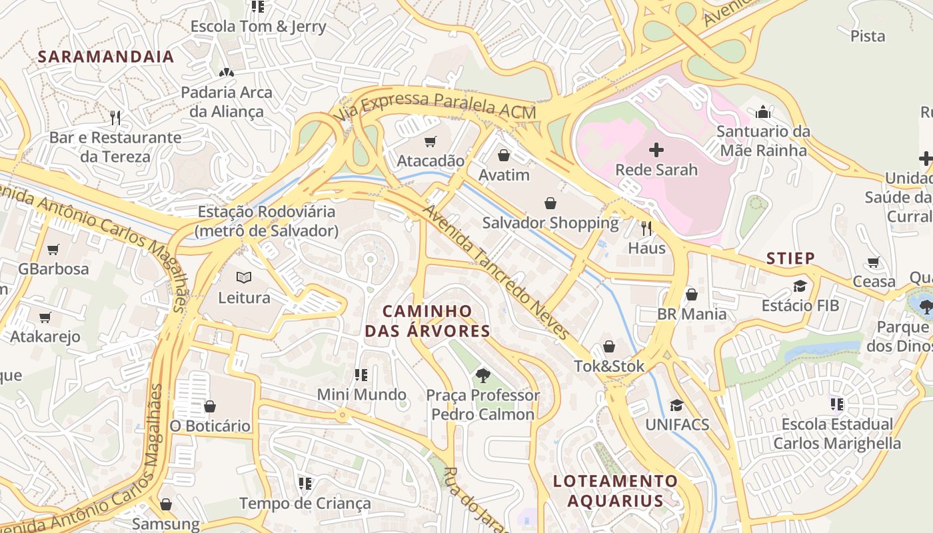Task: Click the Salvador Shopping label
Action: (x=550, y=223)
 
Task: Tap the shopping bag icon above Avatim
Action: (x=504, y=155)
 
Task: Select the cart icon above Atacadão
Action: (x=430, y=141)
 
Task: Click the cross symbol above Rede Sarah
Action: (x=656, y=149)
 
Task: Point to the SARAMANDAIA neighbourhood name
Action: (x=105, y=57)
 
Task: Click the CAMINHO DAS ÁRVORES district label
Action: (x=427, y=320)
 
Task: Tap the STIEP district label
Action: (x=790, y=259)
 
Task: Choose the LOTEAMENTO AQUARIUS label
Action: (x=615, y=490)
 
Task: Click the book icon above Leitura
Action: (x=244, y=277)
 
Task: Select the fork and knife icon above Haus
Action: (x=646, y=229)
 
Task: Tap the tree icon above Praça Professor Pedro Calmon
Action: (x=482, y=375)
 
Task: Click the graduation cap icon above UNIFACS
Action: (x=676, y=405)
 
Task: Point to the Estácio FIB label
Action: (x=800, y=306)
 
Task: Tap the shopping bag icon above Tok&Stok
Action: (x=608, y=346)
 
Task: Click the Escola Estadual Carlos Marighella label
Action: (x=837, y=434)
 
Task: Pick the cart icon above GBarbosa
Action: (x=53, y=249)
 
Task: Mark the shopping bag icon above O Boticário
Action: (x=210, y=406)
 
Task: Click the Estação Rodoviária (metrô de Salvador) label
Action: (x=267, y=221)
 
